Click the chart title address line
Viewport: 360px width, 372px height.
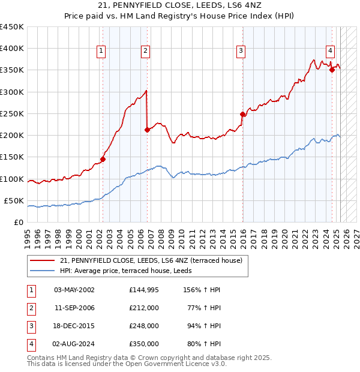tap(179, 6)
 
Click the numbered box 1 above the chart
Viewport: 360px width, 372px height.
tap(101, 52)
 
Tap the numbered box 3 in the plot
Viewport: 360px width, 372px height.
tap(240, 52)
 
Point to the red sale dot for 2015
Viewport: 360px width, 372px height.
tap(242, 114)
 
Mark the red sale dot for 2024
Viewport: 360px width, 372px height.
tap(332, 70)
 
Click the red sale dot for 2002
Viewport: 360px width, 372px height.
tap(103, 159)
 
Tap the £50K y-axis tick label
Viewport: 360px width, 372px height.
tap(14, 200)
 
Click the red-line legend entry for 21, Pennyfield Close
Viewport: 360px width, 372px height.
tap(151, 260)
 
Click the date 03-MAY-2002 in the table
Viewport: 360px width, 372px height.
tap(74, 290)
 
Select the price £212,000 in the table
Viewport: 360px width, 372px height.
tap(144, 308)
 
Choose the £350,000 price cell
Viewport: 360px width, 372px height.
tap(144, 344)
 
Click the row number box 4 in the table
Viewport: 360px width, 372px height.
tap(31, 344)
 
